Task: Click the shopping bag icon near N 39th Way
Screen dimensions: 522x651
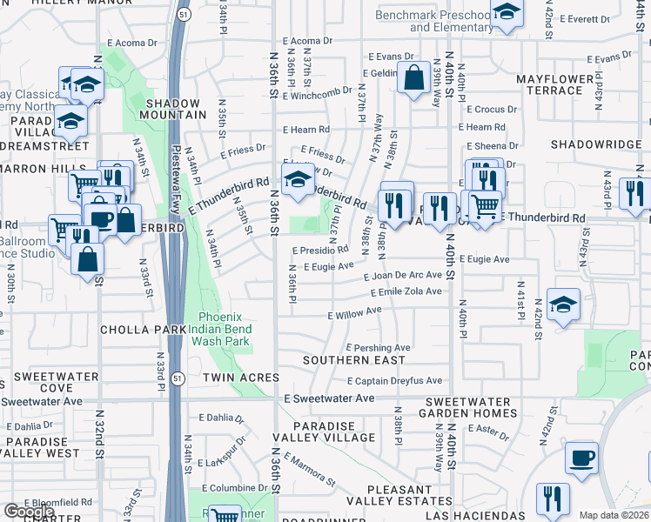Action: coord(412,77)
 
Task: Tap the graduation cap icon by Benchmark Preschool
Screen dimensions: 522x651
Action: coord(506,12)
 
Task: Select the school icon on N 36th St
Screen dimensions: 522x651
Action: coord(299,179)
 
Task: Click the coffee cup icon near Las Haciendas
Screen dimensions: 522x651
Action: coord(581,457)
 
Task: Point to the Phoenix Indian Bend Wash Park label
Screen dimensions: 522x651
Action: coord(226,330)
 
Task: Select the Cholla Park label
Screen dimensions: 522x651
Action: coord(143,330)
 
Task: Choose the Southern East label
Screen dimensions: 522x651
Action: coord(353,359)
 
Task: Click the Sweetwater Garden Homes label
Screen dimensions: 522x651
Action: coord(471,407)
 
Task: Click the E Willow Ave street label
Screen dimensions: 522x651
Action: coord(354,311)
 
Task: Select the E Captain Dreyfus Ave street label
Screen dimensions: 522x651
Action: coord(394,380)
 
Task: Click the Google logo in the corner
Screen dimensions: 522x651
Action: coord(29,512)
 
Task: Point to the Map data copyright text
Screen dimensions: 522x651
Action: coord(614,515)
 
